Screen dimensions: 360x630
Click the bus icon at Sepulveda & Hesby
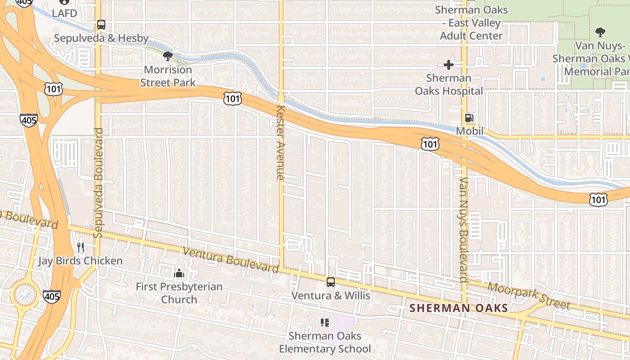[101, 25]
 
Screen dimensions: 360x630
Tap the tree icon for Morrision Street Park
[168, 56]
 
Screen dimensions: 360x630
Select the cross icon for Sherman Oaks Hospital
[448, 65]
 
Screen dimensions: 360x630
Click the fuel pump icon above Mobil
[469, 118]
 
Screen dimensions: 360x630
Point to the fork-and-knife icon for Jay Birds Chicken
[81, 247]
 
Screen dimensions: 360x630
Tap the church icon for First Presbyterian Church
[179, 273]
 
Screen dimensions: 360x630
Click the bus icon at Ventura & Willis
[331, 282]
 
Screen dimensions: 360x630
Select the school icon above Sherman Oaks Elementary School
[325, 322]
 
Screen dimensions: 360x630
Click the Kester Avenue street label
[280, 143]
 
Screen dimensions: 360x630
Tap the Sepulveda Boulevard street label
[99, 183]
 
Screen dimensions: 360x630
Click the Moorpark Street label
[529, 296]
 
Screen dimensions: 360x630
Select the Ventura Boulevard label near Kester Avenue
[231, 260]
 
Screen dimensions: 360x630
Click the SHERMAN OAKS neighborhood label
[459, 308]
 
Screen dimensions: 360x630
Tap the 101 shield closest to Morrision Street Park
[233, 98]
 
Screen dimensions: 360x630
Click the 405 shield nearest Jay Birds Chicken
[52, 296]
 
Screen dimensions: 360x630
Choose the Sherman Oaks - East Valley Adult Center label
[471, 22]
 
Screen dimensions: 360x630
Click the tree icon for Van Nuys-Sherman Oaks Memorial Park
[600, 32]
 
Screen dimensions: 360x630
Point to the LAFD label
[65, 13]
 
